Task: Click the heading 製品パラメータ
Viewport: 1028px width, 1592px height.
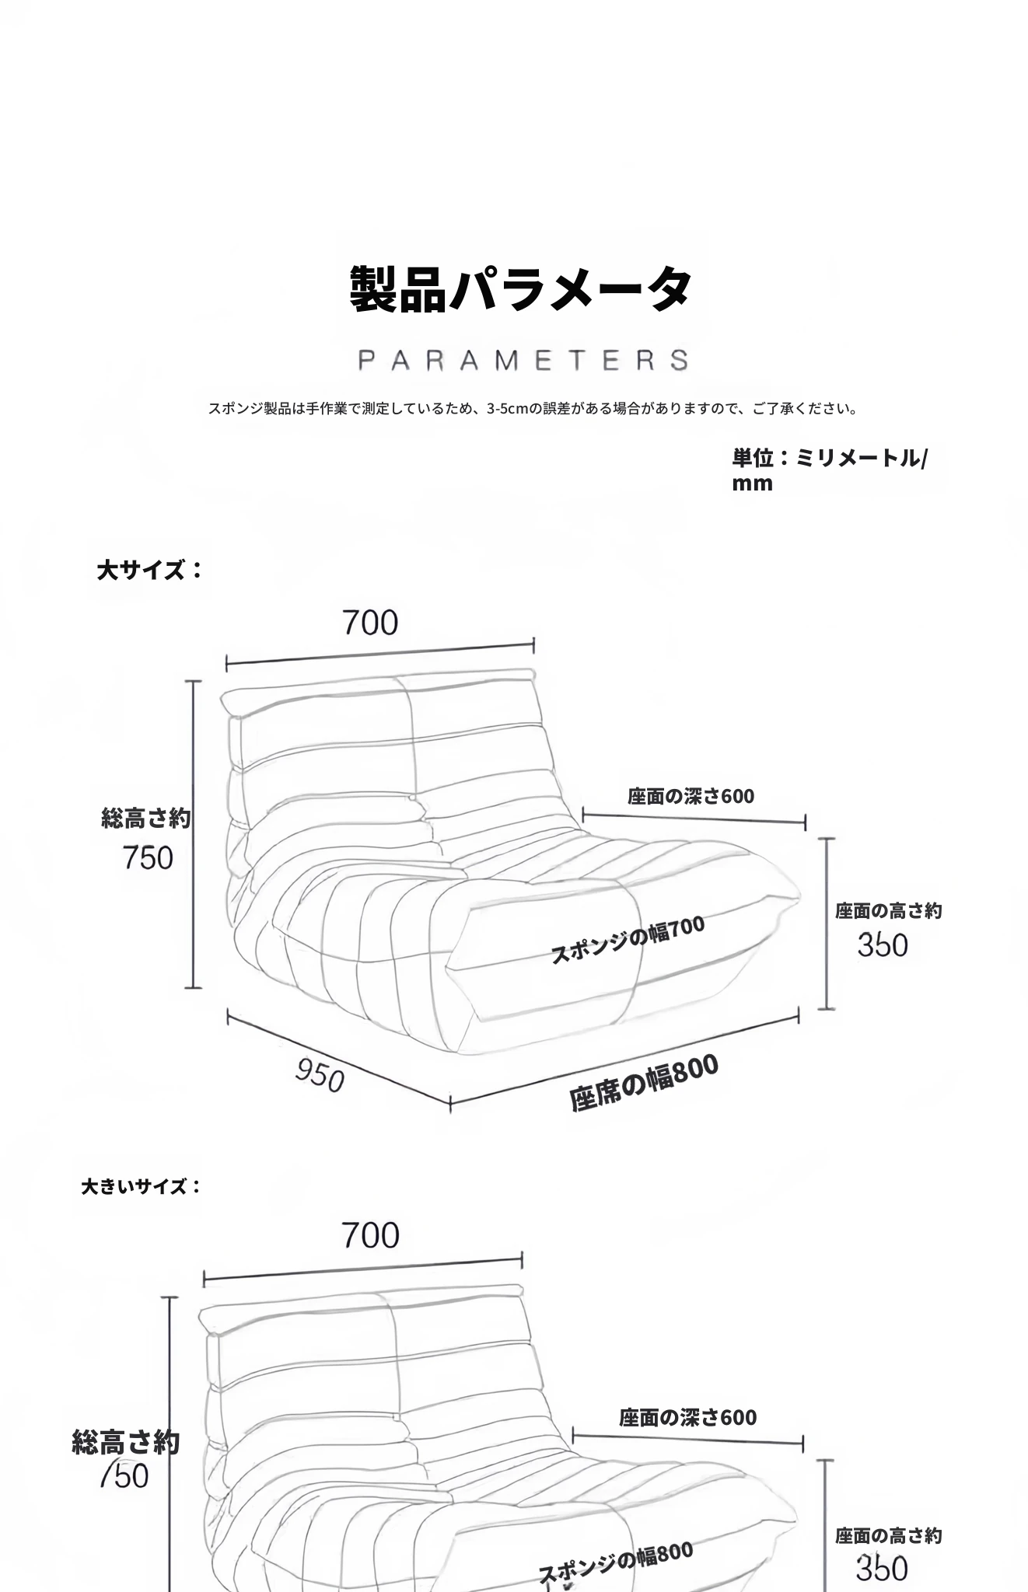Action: tap(520, 289)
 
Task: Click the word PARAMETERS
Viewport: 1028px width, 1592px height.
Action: tap(523, 361)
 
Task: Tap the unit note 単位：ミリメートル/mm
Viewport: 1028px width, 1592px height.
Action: tap(829, 470)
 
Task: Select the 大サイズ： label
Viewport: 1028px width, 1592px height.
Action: tap(149, 570)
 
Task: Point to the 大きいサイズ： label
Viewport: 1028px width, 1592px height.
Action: tap(141, 1186)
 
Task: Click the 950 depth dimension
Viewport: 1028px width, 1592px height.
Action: tap(320, 1076)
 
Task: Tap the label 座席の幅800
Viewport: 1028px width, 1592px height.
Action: tap(643, 1084)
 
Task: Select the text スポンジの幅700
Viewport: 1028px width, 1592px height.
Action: tap(627, 939)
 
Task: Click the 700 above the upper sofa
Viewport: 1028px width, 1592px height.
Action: tap(370, 623)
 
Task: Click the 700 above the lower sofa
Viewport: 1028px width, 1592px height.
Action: tap(370, 1235)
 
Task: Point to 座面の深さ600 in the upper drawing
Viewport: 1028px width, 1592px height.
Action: tap(691, 796)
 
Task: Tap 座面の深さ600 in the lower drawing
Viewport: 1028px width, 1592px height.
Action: tap(687, 1417)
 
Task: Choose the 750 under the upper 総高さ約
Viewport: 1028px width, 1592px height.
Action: tap(148, 858)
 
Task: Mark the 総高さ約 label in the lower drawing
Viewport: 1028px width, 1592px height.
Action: tap(126, 1442)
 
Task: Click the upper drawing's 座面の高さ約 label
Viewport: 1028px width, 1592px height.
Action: tap(888, 910)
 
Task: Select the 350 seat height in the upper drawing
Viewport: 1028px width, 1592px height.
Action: tap(883, 945)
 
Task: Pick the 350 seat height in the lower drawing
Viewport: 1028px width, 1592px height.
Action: tap(882, 1568)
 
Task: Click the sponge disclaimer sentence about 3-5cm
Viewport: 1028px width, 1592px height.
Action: tap(533, 408)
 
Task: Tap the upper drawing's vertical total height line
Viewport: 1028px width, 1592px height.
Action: tap(194, 833)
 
